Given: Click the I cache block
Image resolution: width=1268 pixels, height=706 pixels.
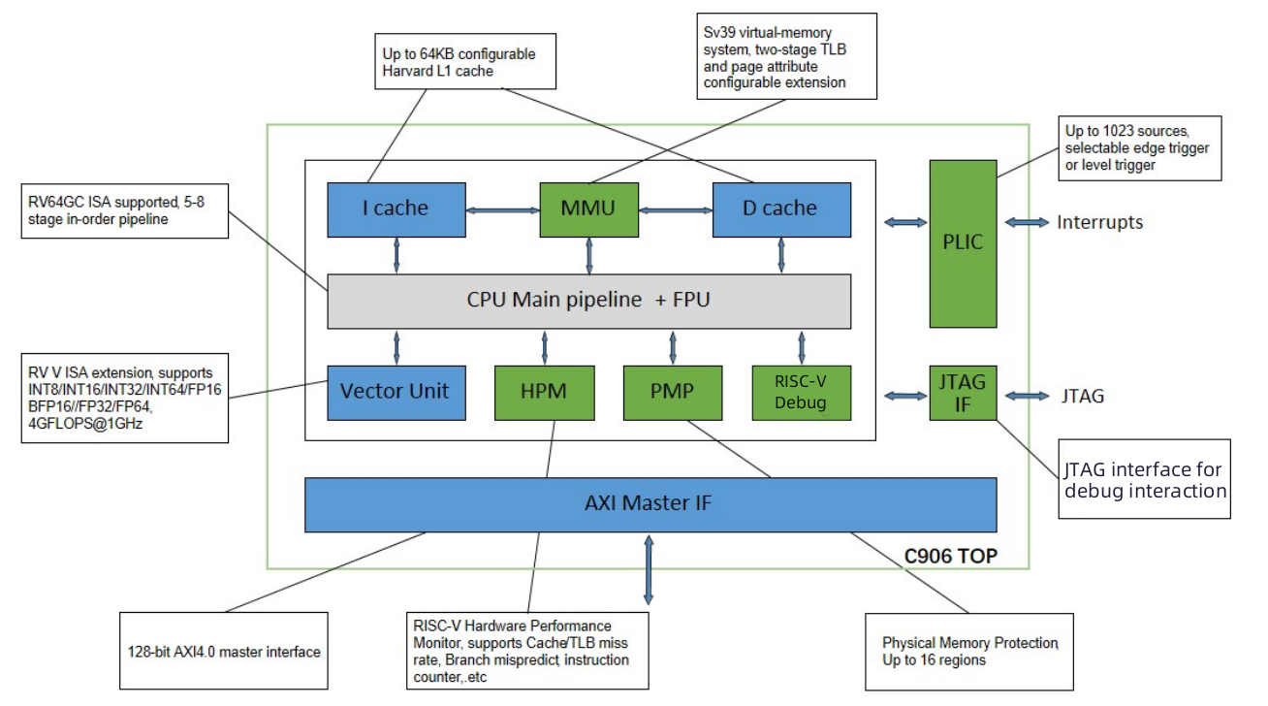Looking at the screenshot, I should pos(396,209).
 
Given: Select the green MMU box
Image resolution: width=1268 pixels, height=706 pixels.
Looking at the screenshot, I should pos(588,209).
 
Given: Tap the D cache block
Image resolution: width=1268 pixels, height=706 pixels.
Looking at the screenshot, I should pos(781,209).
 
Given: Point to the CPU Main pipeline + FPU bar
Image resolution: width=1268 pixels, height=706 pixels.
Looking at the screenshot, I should pos(588,301).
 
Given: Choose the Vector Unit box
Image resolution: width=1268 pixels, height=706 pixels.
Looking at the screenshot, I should pos(396,392).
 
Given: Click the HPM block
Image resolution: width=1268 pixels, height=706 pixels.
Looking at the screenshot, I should pos(544,392).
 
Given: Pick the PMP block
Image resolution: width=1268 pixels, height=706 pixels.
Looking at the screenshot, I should pos(672,392).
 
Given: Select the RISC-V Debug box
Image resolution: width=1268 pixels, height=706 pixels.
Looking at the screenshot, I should pos(801,392).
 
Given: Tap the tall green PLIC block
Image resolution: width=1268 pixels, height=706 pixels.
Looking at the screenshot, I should pos(963,241).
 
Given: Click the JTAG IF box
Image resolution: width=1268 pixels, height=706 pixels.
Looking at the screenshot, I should pos(963,393).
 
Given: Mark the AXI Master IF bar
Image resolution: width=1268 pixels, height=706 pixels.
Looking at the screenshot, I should pos(650,504).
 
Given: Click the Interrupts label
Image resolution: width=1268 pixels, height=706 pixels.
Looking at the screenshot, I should pos(1099,223).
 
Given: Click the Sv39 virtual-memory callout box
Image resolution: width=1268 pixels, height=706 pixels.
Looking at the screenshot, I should pos(786,55).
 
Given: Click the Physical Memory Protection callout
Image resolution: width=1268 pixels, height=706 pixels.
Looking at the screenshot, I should pos(968,652).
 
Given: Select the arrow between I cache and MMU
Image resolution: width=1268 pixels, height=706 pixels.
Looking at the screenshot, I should pos(502,209).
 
